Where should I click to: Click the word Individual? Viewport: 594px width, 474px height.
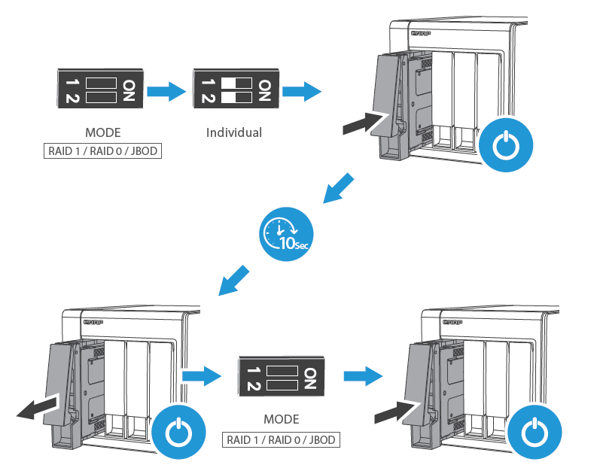coord(234,132)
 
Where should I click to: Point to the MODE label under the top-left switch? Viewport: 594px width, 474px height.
coord(102,132)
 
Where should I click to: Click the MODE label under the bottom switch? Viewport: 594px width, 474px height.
coord(281,419)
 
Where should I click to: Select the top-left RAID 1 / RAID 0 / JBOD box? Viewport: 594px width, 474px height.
coord(102,150)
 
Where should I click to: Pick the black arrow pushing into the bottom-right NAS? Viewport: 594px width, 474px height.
coord(394,411)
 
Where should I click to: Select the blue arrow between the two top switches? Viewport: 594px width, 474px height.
coord(166,92)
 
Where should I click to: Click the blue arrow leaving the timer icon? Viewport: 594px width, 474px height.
coord(233,280)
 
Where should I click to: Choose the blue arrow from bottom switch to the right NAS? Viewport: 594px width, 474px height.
coord(360,375)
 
